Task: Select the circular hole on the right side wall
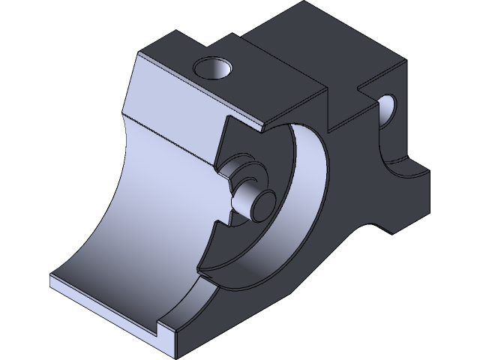[388, 110]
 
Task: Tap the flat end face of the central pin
[263, 202]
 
